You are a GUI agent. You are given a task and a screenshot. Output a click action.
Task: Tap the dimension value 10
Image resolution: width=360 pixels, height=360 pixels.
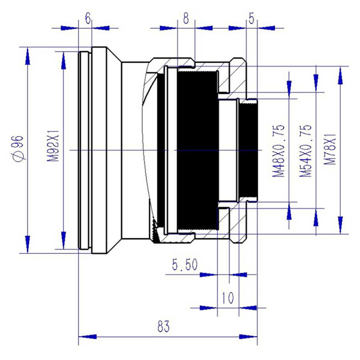(x=227, y=297)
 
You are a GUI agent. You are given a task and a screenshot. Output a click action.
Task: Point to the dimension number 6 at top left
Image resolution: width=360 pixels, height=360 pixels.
(x=88, y=18)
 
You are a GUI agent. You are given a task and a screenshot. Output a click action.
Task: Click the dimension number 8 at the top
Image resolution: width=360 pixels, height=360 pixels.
(x=186, y=18)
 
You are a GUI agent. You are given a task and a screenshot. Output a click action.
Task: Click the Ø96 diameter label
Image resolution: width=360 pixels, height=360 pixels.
(x=17, y=148)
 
